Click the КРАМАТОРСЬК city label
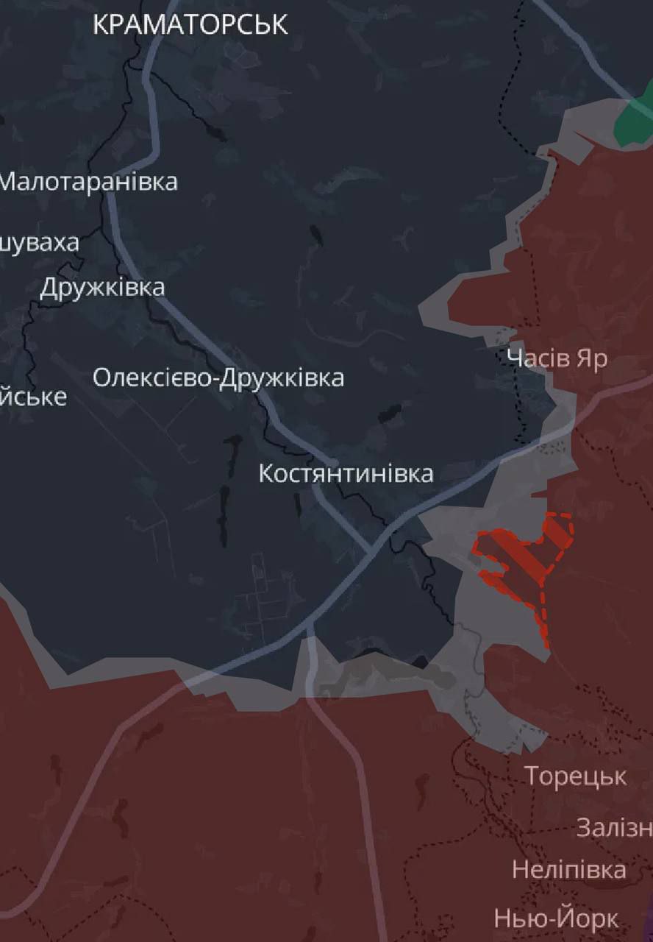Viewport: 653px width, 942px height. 190,25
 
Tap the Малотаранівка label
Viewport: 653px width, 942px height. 88,182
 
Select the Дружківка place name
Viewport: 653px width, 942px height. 102,287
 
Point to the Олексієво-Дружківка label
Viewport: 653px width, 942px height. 218,378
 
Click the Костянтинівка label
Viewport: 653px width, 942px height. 346,473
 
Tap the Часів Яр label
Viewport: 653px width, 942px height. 557,358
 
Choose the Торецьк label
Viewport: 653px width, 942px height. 575,776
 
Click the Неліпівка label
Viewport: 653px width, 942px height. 568,870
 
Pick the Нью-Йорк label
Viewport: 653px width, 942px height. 556,918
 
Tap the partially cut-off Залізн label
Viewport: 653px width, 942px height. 614,827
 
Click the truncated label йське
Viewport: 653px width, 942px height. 33,397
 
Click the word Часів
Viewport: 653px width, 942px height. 538,358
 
